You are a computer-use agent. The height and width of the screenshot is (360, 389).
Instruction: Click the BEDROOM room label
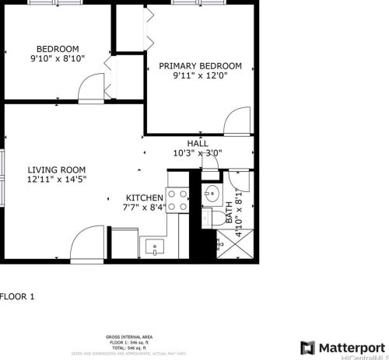[x=57, y=47]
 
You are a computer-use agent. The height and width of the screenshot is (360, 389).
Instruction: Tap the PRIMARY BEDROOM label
[x=200, y=66]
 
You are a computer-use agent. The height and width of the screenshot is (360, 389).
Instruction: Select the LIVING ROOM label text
[x=56, y=170]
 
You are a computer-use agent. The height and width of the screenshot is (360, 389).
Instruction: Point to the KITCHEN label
[x=145, y=197]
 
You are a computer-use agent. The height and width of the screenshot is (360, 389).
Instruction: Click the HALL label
[x=197, y=144]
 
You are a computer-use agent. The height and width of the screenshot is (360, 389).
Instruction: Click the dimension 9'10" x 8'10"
[x=57, y=58]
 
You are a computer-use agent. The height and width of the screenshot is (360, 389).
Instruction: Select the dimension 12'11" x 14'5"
[x=57, y=180]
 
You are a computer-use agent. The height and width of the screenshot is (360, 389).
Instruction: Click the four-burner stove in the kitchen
[x=179, y=201]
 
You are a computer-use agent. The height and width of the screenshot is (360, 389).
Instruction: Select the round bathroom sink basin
[x=211, y=194]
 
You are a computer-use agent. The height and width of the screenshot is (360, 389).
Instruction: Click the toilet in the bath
[x=208, y=218]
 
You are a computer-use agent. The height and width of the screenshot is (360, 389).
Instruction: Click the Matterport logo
[x=342, y=346]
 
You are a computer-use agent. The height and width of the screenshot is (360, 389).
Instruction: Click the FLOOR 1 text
[x=18, y=296]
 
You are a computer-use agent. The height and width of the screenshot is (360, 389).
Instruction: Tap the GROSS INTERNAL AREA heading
[x=128, y=337]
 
